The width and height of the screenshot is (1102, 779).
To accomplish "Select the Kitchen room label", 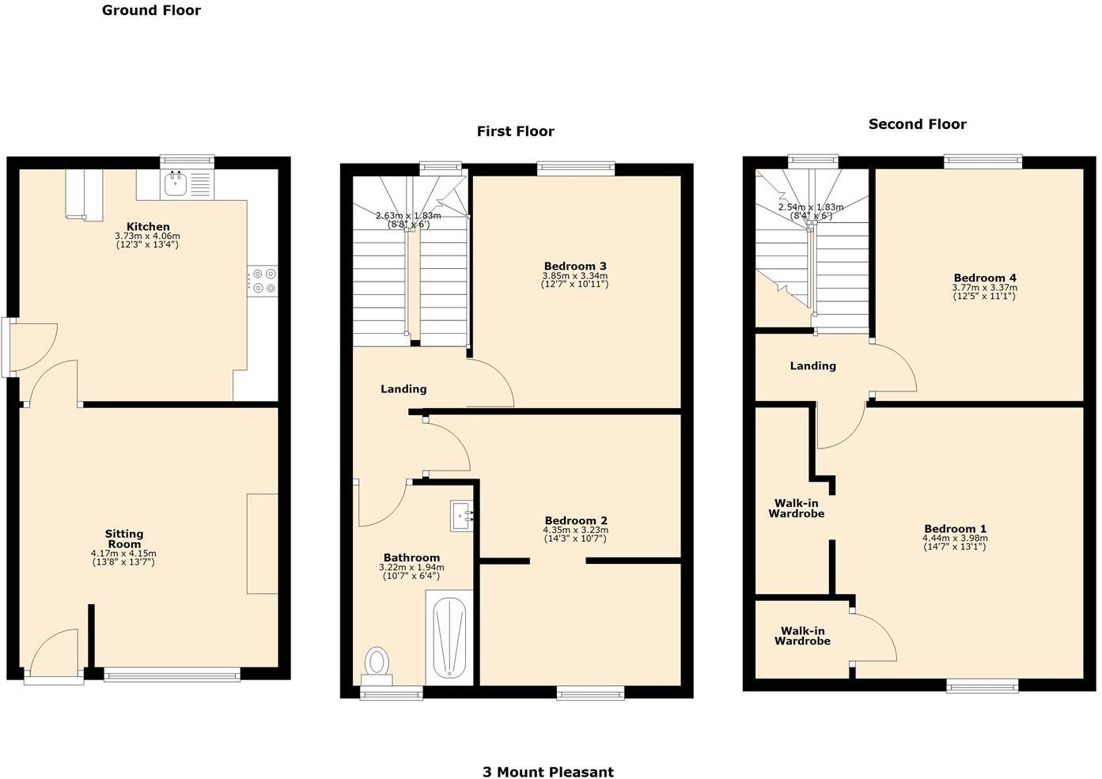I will coord(148,227).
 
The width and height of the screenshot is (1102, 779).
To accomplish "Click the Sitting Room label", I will coord(124,539).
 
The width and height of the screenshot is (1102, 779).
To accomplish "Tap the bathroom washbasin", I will coord(461,516).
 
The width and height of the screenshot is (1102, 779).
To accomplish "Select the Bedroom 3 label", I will coord(575,266).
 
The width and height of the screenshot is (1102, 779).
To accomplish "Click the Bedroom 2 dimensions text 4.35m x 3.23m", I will coord(575,530).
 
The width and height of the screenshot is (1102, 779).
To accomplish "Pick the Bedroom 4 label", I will coord(985,278).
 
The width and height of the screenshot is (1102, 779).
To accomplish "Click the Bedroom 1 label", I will coord(955,528).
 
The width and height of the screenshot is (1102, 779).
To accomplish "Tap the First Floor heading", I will coord(515,131).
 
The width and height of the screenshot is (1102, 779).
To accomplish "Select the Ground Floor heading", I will coord(151,10).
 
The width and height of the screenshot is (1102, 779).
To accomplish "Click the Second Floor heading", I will coord(917,124).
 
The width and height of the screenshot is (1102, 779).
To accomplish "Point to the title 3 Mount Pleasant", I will coord(548,772).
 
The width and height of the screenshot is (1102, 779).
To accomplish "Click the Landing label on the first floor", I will coord(403,388).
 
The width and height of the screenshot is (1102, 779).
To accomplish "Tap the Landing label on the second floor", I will coord(812,365).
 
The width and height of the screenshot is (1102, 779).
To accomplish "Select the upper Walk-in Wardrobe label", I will coord(796,508).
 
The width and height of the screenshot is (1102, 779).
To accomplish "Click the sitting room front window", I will coord(172,675).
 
